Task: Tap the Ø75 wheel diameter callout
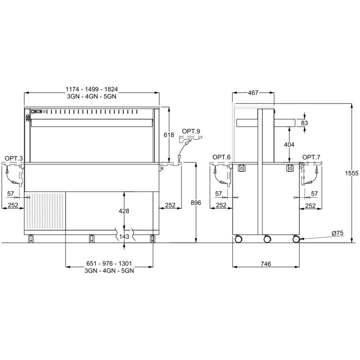coord(338,233)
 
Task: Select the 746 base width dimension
coord(266,264)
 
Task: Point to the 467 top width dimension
coord(253,93)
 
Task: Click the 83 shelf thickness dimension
coord(305,123)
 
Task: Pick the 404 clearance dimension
coord(289,145)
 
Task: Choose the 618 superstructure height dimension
coord(169,135)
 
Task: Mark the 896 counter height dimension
coord(196,202)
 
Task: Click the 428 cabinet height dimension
coord(124,211)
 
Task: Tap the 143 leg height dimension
coord(124,236)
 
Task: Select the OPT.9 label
coord(191,131)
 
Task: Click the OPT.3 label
coord(14,158)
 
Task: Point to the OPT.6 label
coord(221,157)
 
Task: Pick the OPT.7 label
coord(311,157)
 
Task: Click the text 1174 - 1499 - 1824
coord(91,89)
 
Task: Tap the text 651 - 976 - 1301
coord(109,263)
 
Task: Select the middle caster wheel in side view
coord(267,239)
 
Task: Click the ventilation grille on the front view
coord(45,211)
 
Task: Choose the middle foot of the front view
coord(91,239)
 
